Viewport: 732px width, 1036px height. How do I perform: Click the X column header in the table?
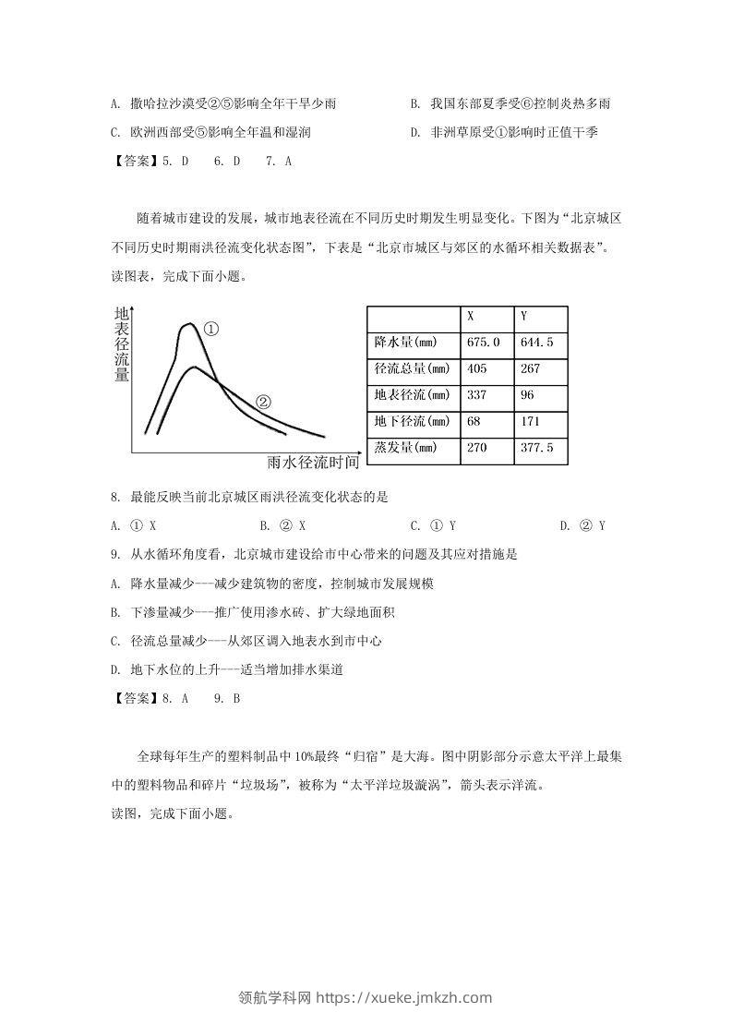pos(470,317)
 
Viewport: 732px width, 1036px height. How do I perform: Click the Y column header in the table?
pos(523,317)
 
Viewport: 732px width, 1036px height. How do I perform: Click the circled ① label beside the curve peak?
pos(211,329)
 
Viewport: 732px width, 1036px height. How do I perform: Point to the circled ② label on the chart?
pos(262,402)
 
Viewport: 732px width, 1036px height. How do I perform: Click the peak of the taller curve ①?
pos(189,324)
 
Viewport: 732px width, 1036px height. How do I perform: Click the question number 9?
pos(114,555)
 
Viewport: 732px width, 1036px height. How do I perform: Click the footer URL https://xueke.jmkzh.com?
pos(403,997)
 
